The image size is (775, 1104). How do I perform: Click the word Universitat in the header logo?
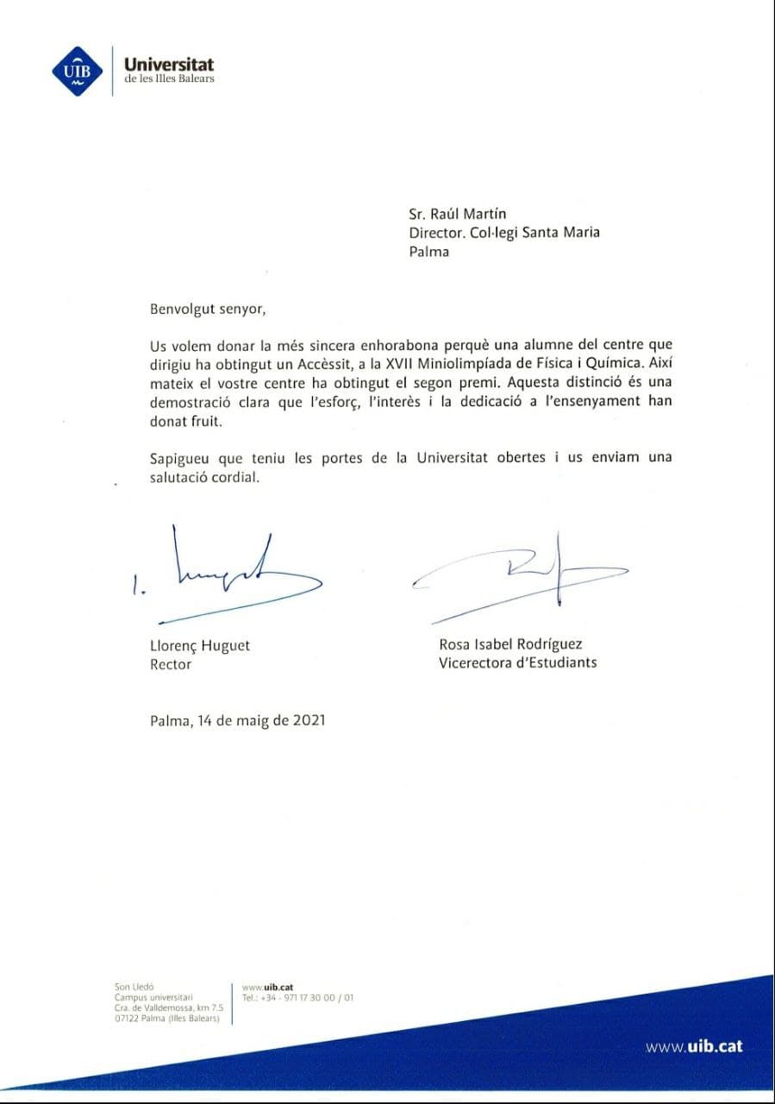(169, 64)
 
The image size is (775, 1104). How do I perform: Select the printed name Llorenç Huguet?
(200, 645)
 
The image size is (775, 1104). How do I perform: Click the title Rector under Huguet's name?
(171, 664)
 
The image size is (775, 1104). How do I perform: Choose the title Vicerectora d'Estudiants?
(517, 662)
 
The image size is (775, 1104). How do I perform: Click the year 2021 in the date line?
(308, 721)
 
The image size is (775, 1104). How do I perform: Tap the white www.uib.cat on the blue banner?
(694, 1046)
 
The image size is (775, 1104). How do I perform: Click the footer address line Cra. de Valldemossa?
(168, 1007)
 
